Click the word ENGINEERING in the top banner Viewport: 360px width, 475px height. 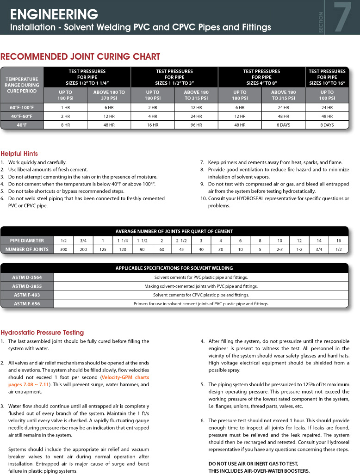pyautogui.click(x=54, y=14)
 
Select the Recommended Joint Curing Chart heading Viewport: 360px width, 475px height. pyautogui.click(x=81, y=57)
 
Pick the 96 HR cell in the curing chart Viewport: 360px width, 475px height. pyautogui.click(x=196, y=125)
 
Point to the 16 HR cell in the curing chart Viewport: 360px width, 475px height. pyautogui.click(x=153, y=125)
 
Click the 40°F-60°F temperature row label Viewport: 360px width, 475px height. pyautogui.click(x=22, y=116)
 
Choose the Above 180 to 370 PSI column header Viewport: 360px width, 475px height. pyautogui.click(x=109, y=95)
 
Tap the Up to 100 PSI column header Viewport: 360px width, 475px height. pyautogui.click(x=327, y=95)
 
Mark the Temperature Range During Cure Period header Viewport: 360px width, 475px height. pyautogui.click(x=22, y=82)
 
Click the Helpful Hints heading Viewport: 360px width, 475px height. pyautogui.click(x=19, y=154)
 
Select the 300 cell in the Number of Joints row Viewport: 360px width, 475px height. pyautogui.click(x=64, y=249)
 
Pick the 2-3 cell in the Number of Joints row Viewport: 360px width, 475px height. pyautogui.click(x=279, y=249)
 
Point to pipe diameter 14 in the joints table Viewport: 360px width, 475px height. pyautogui.click(x=319, y=241)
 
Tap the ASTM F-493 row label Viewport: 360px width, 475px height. pyautogui.click(x=27, y=295)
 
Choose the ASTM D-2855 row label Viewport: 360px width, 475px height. pyautogui.click(x=27, y=286)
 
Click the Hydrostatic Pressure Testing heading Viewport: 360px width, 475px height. pyautogui.click(x=42, y=333)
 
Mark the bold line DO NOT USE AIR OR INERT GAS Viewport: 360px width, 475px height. pyautogui.click(x=253, y=463)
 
